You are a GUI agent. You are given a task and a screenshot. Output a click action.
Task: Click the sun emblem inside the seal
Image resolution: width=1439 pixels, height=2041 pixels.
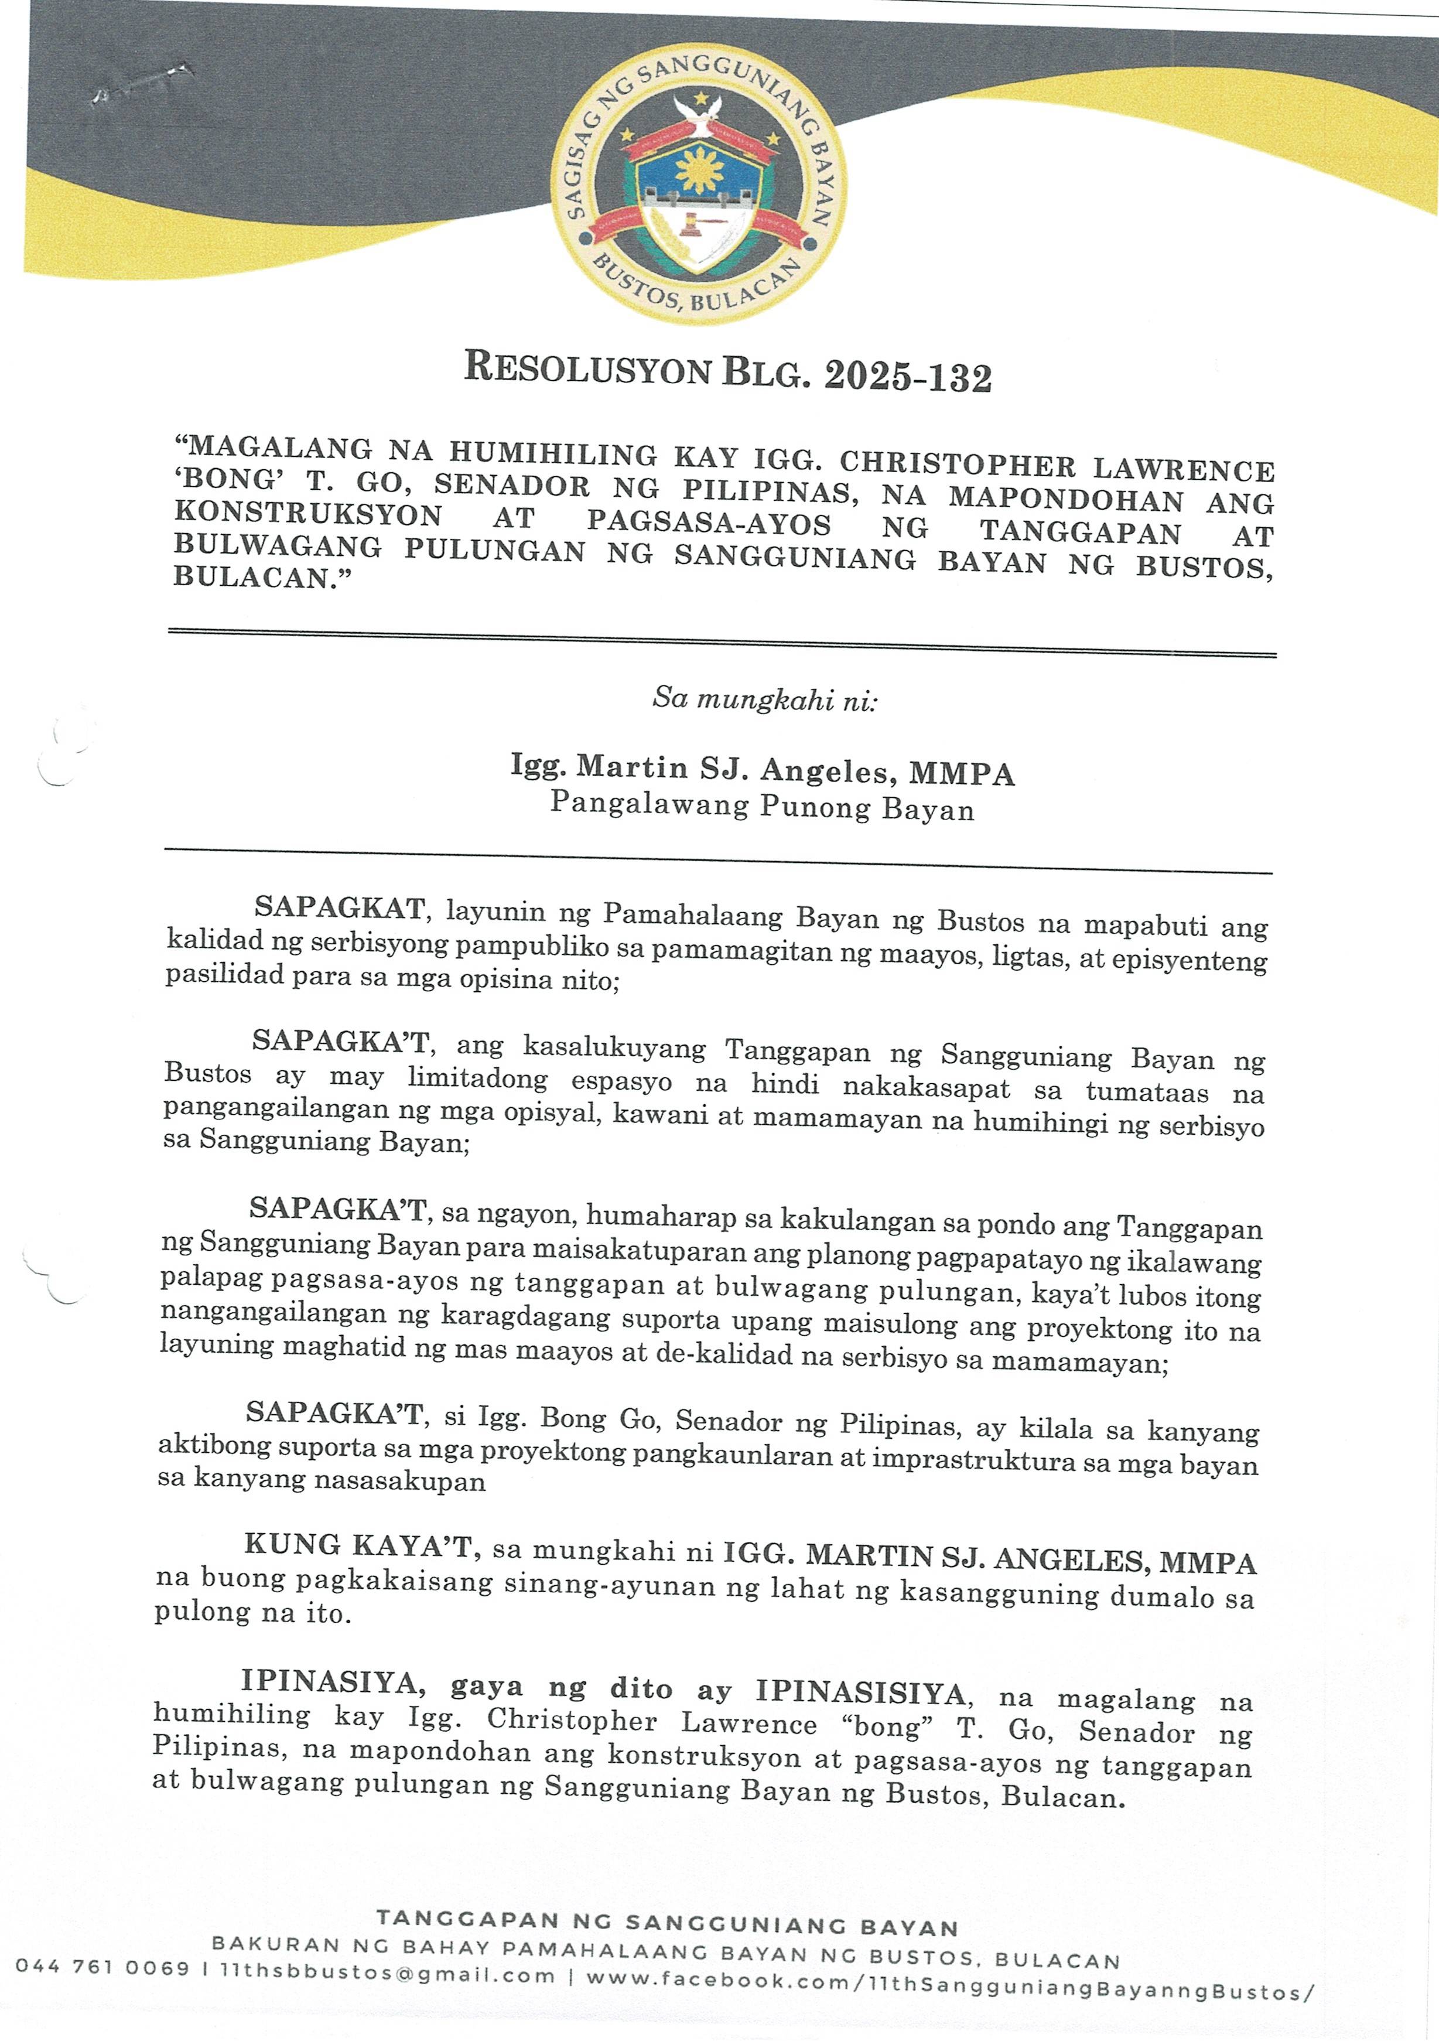click(697, 169)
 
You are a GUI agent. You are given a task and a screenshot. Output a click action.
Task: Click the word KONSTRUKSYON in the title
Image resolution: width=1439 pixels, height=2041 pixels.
click(307, 515)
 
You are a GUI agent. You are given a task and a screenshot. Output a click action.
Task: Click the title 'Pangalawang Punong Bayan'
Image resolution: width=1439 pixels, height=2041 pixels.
click(762, 806)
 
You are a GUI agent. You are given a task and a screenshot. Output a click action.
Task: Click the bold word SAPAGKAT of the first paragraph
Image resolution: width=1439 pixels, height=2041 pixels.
click(339, 907)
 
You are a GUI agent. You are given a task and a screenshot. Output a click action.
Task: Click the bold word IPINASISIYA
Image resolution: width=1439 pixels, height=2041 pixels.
click(860, 1692)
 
